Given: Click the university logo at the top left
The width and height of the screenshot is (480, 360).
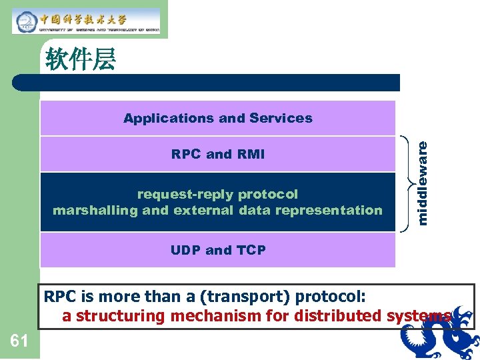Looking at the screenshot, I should (x=86, y=21).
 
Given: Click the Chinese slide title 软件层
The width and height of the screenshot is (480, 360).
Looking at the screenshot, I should (x=81, y=60).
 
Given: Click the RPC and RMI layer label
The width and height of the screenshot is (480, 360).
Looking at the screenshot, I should (x=217, y=154).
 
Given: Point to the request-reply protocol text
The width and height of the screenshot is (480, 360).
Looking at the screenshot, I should (x=217, y=194).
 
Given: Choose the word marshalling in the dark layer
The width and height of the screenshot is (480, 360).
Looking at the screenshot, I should (x=95, y=211).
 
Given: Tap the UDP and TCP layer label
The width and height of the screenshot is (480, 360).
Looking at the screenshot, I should (x=217, y=250).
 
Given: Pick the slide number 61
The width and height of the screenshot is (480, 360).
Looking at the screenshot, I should (x=19, y=341).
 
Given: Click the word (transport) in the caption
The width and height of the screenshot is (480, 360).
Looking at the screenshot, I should (x=254, y=296).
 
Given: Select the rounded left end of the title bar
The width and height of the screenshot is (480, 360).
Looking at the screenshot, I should (x=17, y=83).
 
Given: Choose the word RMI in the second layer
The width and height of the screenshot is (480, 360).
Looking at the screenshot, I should (x=250, y=154).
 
